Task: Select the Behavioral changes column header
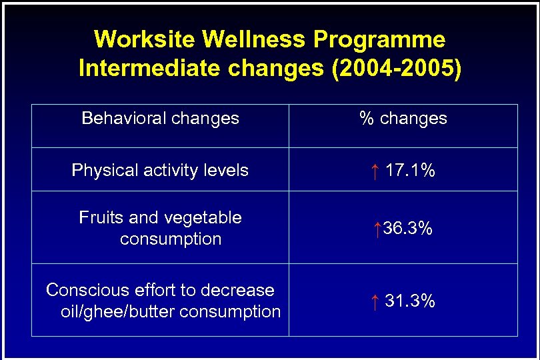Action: (x=160, y=119)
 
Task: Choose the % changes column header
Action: (x=403, y=119)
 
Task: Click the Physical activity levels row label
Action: (x=160, y=171)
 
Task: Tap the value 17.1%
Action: (x=410, y=171)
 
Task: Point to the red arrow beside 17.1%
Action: (x=375, y=171)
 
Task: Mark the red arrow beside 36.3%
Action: (x=377, y=229)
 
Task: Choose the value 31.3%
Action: (x=410, y=301)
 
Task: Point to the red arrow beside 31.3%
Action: (x=375, y=302)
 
